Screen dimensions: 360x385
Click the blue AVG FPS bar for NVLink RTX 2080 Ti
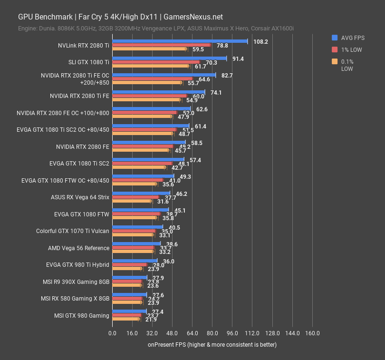pyautogui.click(x=180, y=41)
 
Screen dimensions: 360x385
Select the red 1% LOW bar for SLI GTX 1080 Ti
pyautogui.click(x=156, y=62)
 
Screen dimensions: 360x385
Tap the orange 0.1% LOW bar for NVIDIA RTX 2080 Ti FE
pyautogui.click(x=146, y=100)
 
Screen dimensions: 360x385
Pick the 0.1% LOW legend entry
pyautogui.click(x=349, y=65)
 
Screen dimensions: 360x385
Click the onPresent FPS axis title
pyautogui.click(x=212, y=344)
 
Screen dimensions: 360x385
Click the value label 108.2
pyautogui.click(x=260, y=41)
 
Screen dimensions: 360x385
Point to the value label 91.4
pyautogui.click(x=238, y=58)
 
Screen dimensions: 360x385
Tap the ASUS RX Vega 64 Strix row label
pyautogui.click(x=80, y=197)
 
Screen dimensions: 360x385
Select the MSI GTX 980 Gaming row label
pyautogui.click(x=81, y=315)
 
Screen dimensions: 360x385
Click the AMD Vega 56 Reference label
pyautogui.click(x=78, y=248)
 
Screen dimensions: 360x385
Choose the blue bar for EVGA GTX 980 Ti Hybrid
pyautogui.click(x=135, y=261)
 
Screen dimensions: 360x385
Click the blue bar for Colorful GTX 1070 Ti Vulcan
pyautogui.click(x=137, y=227)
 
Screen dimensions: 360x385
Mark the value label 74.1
pyautogui.click(x=216, y=92)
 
